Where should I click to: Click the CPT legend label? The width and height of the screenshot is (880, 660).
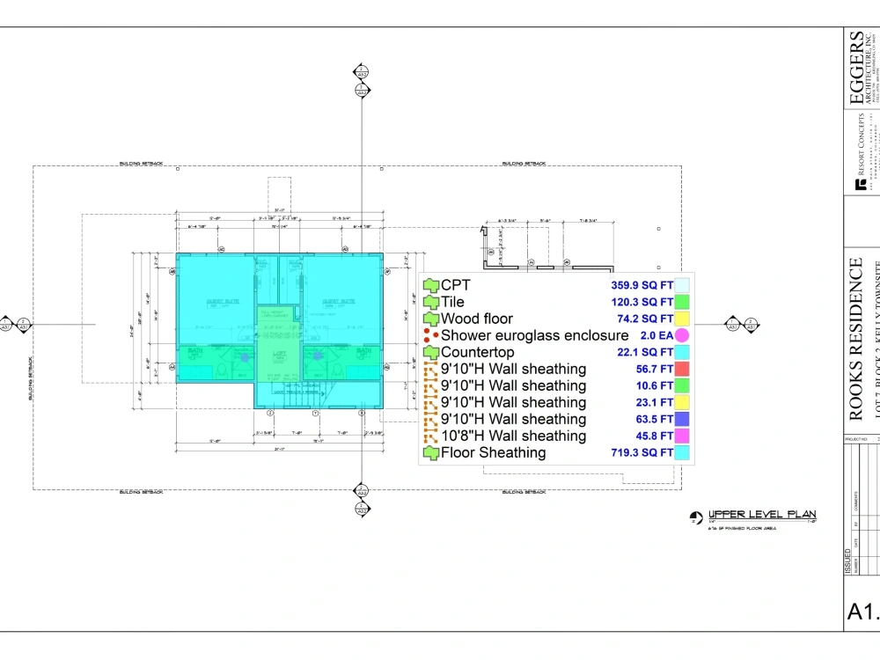(x=456, y=285)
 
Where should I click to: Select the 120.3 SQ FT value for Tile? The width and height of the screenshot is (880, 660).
(x=642, y=302)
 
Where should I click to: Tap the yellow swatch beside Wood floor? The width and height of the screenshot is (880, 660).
(x=682, y=319)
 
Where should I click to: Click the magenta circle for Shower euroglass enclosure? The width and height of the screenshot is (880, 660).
(x=682, y=335)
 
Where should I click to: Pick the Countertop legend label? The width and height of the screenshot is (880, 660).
(x=477, y=352)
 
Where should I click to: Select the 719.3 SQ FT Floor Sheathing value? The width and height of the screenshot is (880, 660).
(x=642, y=452)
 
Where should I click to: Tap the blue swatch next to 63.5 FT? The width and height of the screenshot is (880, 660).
(x=682, y=419)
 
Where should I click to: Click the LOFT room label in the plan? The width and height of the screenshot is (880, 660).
(x=280, y=354)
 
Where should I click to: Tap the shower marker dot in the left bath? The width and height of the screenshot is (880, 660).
(x=245, y=356)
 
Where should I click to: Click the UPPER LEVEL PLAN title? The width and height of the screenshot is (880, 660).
(x=762, y=515)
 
